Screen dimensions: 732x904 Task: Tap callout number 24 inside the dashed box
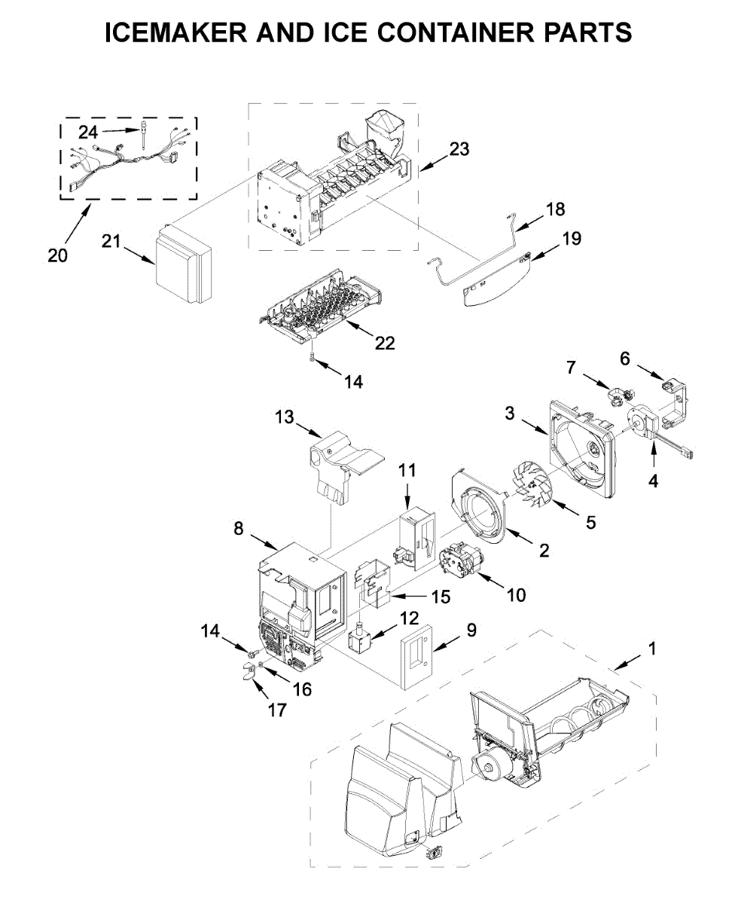[89, 133]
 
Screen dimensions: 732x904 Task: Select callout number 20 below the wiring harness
[57, 255]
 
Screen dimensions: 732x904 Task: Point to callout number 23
[459, 149]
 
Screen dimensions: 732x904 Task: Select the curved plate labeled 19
[493, 284]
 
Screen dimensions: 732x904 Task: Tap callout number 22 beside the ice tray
[384, 342]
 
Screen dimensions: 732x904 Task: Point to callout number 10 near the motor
[516, 594]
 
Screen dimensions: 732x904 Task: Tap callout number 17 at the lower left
[277, 709]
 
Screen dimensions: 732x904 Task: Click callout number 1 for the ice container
[652, 648]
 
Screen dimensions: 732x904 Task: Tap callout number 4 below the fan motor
[653, 480]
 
